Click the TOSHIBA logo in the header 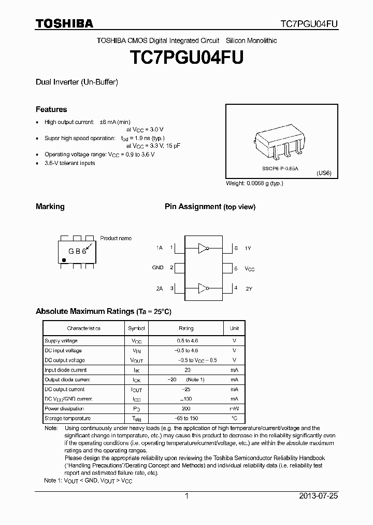pyautogui.click(x=64, y=23)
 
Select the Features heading pyautogui.click(x=51, y=109)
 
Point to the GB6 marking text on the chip pyautogui.click(x=76, y=251)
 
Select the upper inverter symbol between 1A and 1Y pyautogui.click(x=203, y=248)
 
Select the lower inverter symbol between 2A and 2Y pyautogui.click(x=203, y=287)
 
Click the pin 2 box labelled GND pyautogui.click(x=179, y=268)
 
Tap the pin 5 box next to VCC pyautogui.click(x=228, y=268)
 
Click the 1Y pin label pyautogui.click(x=248, y=248)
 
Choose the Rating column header pyautogui.click(x=186, y=328)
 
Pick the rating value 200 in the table pyautogui.click(x=186, y=409)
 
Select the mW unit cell pyautogui.click(x=234, y=409)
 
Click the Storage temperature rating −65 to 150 pyautogui.click(x=186, y=419)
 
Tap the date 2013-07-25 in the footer pyautogui.click(x=318, y=496)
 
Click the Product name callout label pyautogui.click(x=116, y=238)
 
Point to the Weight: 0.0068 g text pyautogui.click(x=254, y=183)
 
